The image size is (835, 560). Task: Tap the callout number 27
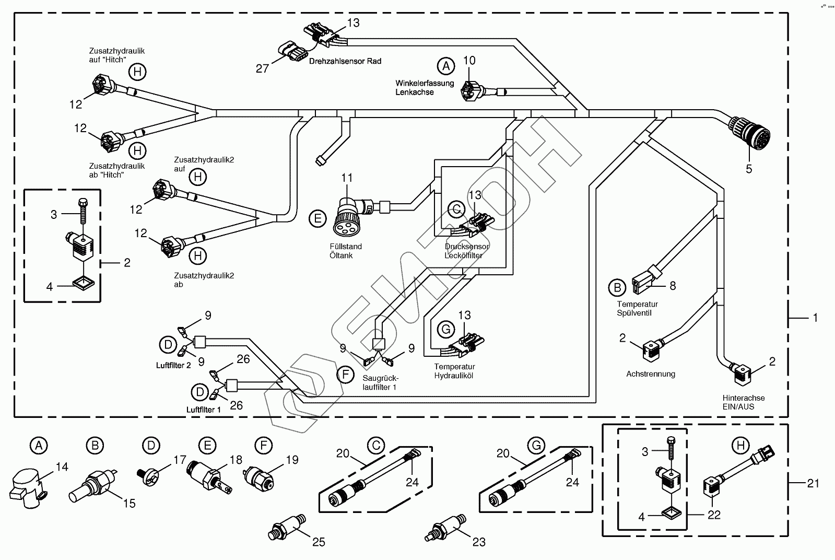click(262, 68)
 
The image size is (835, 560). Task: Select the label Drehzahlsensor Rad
click(345, 61)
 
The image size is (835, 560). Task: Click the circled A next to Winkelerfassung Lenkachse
click(445, 66)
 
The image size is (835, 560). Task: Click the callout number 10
click(469, 61)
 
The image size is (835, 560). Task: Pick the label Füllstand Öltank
click(345, 251)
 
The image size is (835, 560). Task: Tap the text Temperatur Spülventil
click(637, 308)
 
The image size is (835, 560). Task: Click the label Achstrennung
click(650, 374)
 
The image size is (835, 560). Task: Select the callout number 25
click(318, 542)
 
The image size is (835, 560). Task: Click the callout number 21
click(813, 484)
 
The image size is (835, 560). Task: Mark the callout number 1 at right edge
click(816, 318)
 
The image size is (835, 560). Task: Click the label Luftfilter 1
click(204, 410)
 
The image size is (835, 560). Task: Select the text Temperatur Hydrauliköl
click(453, 371)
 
